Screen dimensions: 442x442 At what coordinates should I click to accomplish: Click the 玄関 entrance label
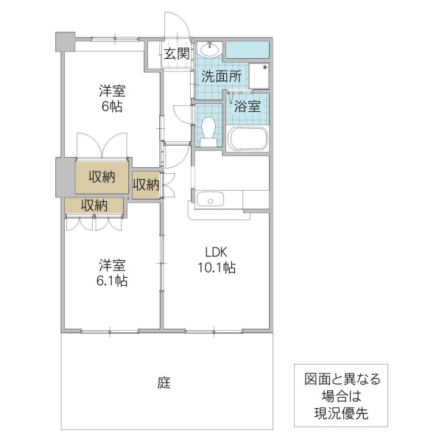[x=177, y=53]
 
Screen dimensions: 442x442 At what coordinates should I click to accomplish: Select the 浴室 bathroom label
[x=247, y=106]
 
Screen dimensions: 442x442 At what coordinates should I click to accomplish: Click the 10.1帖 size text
[x=216, y=268]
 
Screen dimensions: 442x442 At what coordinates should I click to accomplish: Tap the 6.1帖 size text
[x=112, y=281]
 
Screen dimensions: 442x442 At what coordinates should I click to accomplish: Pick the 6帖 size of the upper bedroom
[x=112, y=107]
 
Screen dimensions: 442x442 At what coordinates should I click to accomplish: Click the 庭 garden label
[x=164, y=383]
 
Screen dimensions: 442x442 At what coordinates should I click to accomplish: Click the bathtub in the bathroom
[x=248, y=138]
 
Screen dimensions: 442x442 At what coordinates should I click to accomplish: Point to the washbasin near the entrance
[x=208, y=50]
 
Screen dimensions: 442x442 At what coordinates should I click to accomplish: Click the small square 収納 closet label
[x=146, y=184]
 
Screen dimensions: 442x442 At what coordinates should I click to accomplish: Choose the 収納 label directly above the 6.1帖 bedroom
[x=94, y=205]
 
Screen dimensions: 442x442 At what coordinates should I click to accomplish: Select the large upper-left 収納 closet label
[x=103, y=177]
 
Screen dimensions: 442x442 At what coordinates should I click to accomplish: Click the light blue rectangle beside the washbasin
[x=247, y=49]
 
